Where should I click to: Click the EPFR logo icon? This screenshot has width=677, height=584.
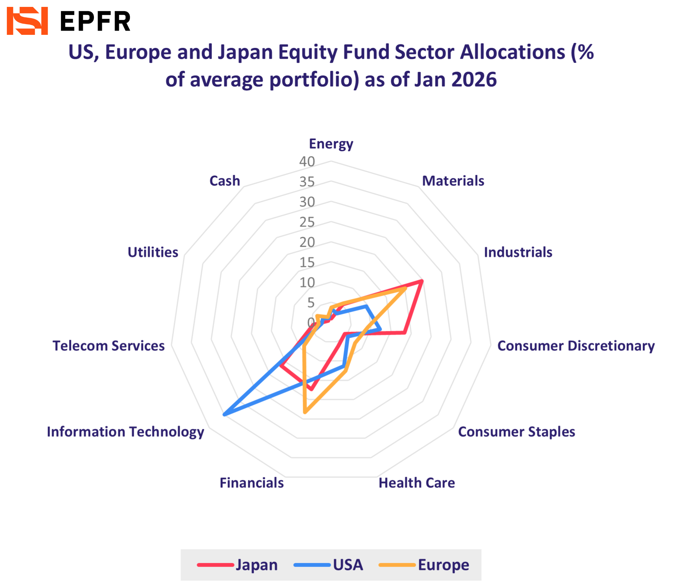tap(27, 21)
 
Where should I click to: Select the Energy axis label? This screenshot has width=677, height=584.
tap(331, 144)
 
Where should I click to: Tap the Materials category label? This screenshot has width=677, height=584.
tap(453, 181)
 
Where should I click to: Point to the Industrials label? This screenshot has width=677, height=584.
tap(518, 252)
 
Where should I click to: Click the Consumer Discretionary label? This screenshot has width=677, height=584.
tap(576, 346)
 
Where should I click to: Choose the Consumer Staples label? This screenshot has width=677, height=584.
tap(516, 432)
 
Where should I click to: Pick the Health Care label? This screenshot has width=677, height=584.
tap(416, 483)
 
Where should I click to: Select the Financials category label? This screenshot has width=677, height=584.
tap(252, 483)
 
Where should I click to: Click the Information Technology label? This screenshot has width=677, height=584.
tap(125, 432)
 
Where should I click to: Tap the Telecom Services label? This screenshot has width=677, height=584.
tap(108, 346)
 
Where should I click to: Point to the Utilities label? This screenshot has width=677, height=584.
tap(153, 252)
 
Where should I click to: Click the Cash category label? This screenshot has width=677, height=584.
tap(225, 181)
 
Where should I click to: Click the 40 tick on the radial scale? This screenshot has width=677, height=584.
tap(307, 162)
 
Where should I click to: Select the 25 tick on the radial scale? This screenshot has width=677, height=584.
tap(307, 222)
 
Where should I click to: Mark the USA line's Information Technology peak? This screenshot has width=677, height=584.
tap(224, 414)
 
